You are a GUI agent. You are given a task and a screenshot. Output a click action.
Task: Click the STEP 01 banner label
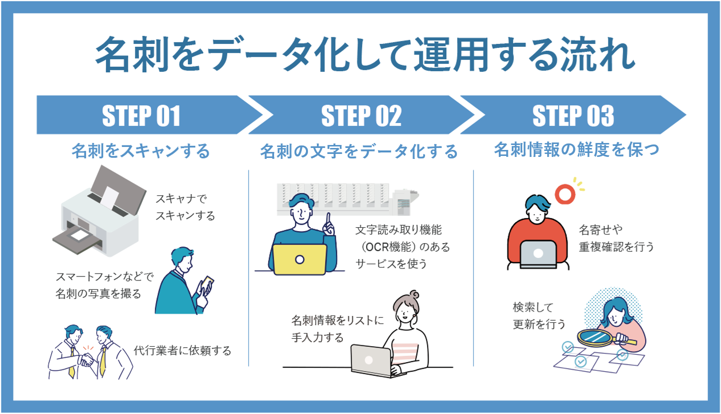(141, 116)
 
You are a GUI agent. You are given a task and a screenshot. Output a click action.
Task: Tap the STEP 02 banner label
(361, 116)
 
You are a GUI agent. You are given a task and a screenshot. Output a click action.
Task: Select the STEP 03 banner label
(573, 116)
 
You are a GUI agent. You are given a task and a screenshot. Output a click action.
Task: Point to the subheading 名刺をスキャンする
(141, 150)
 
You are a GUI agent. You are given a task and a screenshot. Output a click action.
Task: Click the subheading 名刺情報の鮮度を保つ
(577, 149)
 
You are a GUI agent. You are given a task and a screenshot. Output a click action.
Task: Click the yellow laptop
(299, 259)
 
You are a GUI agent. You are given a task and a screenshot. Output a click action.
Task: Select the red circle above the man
(565, 193)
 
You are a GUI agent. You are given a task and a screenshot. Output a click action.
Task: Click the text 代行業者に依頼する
(182, 351)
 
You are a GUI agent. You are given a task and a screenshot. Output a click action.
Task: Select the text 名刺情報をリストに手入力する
(337, 329)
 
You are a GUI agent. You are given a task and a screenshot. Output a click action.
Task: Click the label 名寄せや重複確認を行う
(616, 238)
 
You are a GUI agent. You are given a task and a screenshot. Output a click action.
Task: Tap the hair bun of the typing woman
(413, 295)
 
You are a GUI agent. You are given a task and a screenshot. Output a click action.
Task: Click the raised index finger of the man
(328, 219)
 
